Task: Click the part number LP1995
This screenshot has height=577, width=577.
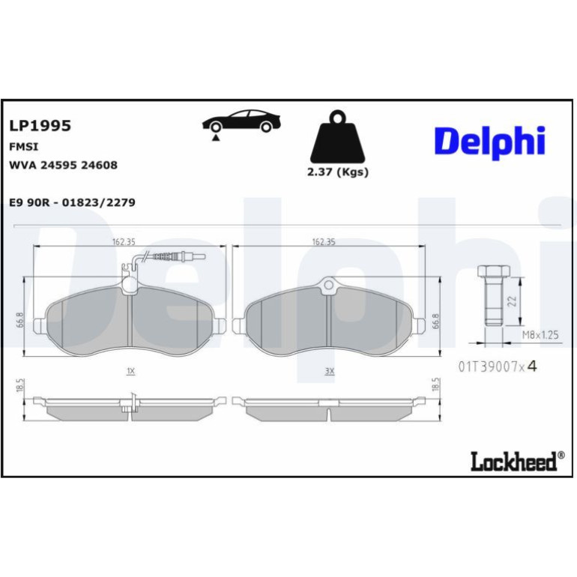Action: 40,125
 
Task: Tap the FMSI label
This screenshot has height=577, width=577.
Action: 23,147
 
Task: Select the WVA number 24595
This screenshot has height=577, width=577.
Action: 58,165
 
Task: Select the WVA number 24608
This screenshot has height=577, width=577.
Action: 99,165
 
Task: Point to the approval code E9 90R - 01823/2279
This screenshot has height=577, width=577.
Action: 72,202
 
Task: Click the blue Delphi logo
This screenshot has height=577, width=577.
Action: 490,142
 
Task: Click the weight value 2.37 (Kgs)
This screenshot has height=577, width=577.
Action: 338,172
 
